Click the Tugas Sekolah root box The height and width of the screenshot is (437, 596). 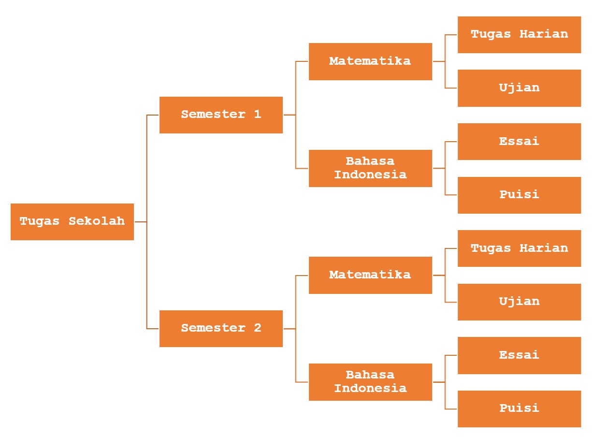[72, 221]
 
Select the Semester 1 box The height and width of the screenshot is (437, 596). [221, 115]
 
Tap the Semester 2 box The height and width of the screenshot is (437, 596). [221, 328]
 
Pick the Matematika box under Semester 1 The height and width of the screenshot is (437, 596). [370, 61]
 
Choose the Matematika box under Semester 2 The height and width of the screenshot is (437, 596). [370, 275]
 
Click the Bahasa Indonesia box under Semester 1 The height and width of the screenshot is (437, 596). [370, 168]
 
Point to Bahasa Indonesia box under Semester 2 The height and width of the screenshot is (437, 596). [370, 382]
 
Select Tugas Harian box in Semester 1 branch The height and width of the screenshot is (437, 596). [519, 34]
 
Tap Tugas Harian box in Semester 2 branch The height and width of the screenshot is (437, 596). [519, 248]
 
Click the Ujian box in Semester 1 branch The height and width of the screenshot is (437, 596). [519, 88]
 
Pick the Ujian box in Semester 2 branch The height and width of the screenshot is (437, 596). [519, 302]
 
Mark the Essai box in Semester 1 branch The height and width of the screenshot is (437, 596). [519, 141]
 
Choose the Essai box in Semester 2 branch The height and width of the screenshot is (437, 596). [519, 355]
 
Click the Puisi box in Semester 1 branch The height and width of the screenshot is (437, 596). [519, 195]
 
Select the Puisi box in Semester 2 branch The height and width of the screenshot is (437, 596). [519, 408]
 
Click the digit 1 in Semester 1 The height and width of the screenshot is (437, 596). [257, 115]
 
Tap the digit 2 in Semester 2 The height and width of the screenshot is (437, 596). [257, 328]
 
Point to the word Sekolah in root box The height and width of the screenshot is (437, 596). [97, 221]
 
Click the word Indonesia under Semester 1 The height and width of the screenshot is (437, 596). [370, 175]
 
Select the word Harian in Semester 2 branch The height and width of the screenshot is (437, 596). [544, 248]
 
